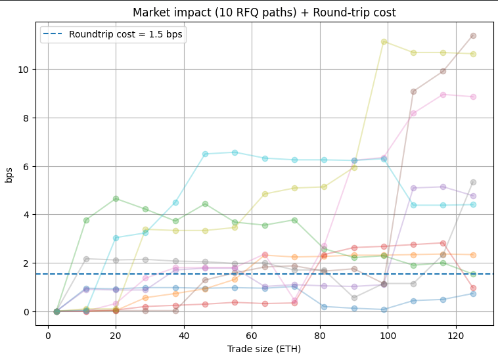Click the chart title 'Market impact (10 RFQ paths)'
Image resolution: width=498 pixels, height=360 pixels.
(264, 12)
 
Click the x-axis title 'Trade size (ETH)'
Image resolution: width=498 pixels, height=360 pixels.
(264, 349)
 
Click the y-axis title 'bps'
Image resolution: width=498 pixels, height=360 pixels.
(9, 174)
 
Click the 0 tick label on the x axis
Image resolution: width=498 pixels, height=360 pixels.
(48, 335)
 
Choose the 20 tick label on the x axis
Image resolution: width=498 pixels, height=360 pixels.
(116, 335)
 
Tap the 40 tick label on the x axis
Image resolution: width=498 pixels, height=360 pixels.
(184, 335)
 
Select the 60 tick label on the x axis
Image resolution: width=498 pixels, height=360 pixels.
(252, 335)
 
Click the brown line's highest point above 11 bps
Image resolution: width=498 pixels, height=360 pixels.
(473, 35)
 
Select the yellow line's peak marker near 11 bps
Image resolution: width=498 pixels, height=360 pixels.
(384, 41)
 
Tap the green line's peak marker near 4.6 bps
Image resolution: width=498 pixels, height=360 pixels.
(116, 198)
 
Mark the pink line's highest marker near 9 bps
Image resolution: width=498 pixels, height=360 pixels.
(443, 95)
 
